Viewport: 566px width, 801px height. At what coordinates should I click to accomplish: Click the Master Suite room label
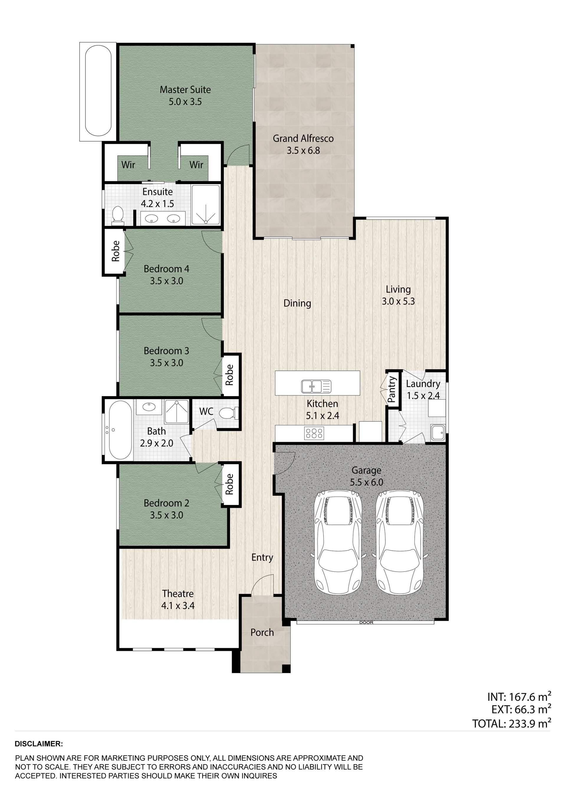coord(185,90)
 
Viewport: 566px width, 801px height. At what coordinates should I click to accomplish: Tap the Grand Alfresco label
coord(303,139)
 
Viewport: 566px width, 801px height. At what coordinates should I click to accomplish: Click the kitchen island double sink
coord(316,386)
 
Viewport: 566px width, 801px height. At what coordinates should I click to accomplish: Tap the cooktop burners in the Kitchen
coord(314,433)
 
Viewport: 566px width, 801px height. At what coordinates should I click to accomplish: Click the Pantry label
coord(392,389)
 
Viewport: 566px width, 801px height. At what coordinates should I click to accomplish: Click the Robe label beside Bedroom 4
coord(116,251)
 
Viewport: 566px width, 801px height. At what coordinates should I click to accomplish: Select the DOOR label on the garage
coord(366,622)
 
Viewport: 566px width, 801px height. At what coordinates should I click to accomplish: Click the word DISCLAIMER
coord(39,744)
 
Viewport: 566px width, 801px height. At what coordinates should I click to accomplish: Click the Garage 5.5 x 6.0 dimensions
coord(366,482)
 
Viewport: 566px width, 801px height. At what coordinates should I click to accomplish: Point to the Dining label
coord(297,303)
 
